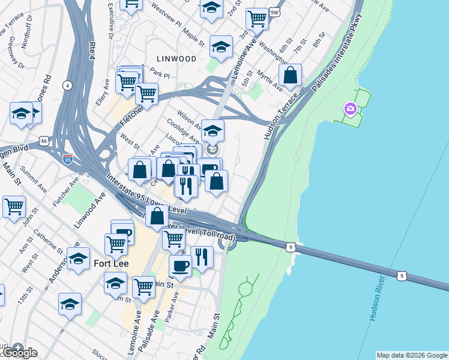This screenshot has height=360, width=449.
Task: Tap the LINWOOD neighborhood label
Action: click(176, 59)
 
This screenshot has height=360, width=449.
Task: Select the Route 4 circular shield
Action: click(67, 85)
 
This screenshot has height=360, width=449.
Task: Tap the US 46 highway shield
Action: click(44, 140)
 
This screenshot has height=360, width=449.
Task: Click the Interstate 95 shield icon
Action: click(67, 160)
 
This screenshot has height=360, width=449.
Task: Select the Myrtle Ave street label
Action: click(270, 79)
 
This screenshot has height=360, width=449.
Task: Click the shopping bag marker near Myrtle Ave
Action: click(290, 76)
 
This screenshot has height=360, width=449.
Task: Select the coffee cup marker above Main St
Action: click(180, 265)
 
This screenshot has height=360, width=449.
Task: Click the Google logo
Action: click(20, 352)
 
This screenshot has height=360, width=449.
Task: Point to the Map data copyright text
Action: click(411, 355)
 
